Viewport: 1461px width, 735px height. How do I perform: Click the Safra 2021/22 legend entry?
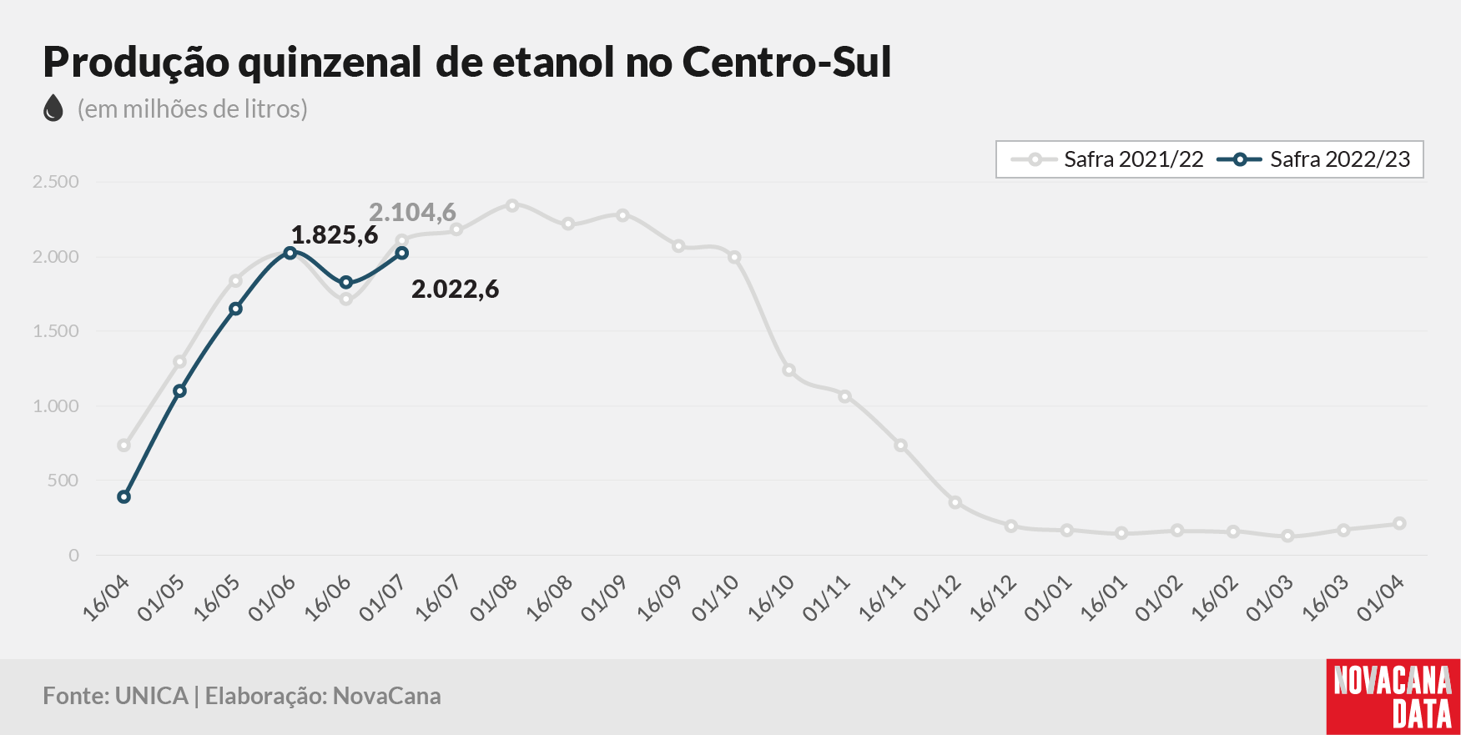pos(1106,159)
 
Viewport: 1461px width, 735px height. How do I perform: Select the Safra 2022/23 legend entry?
pos(1313,159)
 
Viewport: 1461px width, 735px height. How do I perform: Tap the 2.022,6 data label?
pos(455,289)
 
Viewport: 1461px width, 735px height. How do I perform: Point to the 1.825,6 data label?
pos(334,235)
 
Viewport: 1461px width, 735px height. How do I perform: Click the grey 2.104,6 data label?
pos(412,212)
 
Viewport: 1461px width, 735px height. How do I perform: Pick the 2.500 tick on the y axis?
pos(55,182)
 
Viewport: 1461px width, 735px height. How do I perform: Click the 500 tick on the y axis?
pos(63,481)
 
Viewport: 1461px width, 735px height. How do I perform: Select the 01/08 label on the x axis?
pos(494,598)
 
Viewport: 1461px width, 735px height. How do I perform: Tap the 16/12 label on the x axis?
pos(993,598)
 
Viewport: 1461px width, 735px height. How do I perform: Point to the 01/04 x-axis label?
pos(1381,598)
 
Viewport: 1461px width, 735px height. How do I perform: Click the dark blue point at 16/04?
pos(124,497)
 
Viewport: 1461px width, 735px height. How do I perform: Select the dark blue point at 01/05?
pos(179,390)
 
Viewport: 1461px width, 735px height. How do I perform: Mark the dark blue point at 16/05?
pos(235,309)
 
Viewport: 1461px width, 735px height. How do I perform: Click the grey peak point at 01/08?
pos(512,205)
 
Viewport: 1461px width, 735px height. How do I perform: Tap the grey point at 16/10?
pos(788,370)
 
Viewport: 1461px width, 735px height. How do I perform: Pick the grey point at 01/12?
pos(955,502)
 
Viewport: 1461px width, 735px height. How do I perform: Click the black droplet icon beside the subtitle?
pos(53,108)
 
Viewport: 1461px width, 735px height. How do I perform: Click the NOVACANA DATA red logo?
pos(1393,697)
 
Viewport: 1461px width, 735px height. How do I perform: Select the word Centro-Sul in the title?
pos(787,62)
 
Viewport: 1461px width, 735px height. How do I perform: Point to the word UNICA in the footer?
pos(152,696)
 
